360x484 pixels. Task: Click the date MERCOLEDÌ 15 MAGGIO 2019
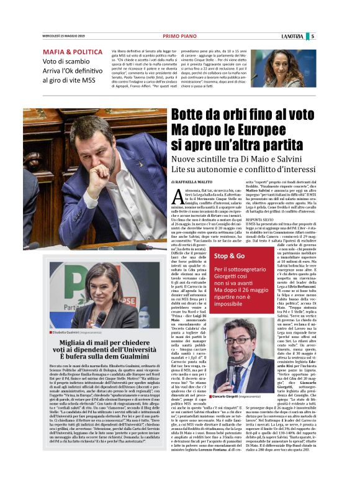(65, 36)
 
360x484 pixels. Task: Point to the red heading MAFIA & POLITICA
(73, 52)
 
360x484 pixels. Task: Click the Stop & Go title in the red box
(229, 255)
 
